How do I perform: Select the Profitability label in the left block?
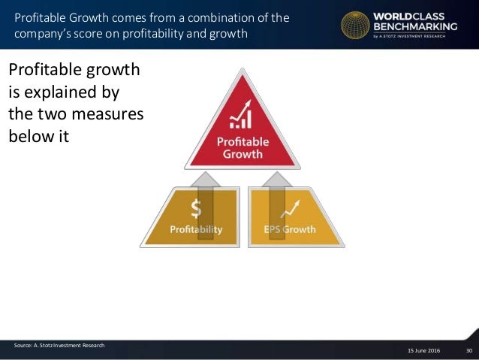pyautogui.click(x=197, y=228)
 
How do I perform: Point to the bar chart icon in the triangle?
pyautogui.click(x=242, y=117)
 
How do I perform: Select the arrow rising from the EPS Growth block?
pyautogui.click(x=277, y=188)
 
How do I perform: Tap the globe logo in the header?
pyautogui.click(x=354, y=26)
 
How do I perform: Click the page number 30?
pyautogui.click(x=469, y=351)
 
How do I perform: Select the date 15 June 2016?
pyautogui.click(x=425, y=351)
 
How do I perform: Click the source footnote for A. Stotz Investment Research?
pyautogui.click(x=59, y=345)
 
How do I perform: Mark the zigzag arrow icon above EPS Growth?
pyautogui.click(x=290, y=207)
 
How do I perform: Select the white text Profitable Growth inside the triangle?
pyautogui.click(x=241, y=147)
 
